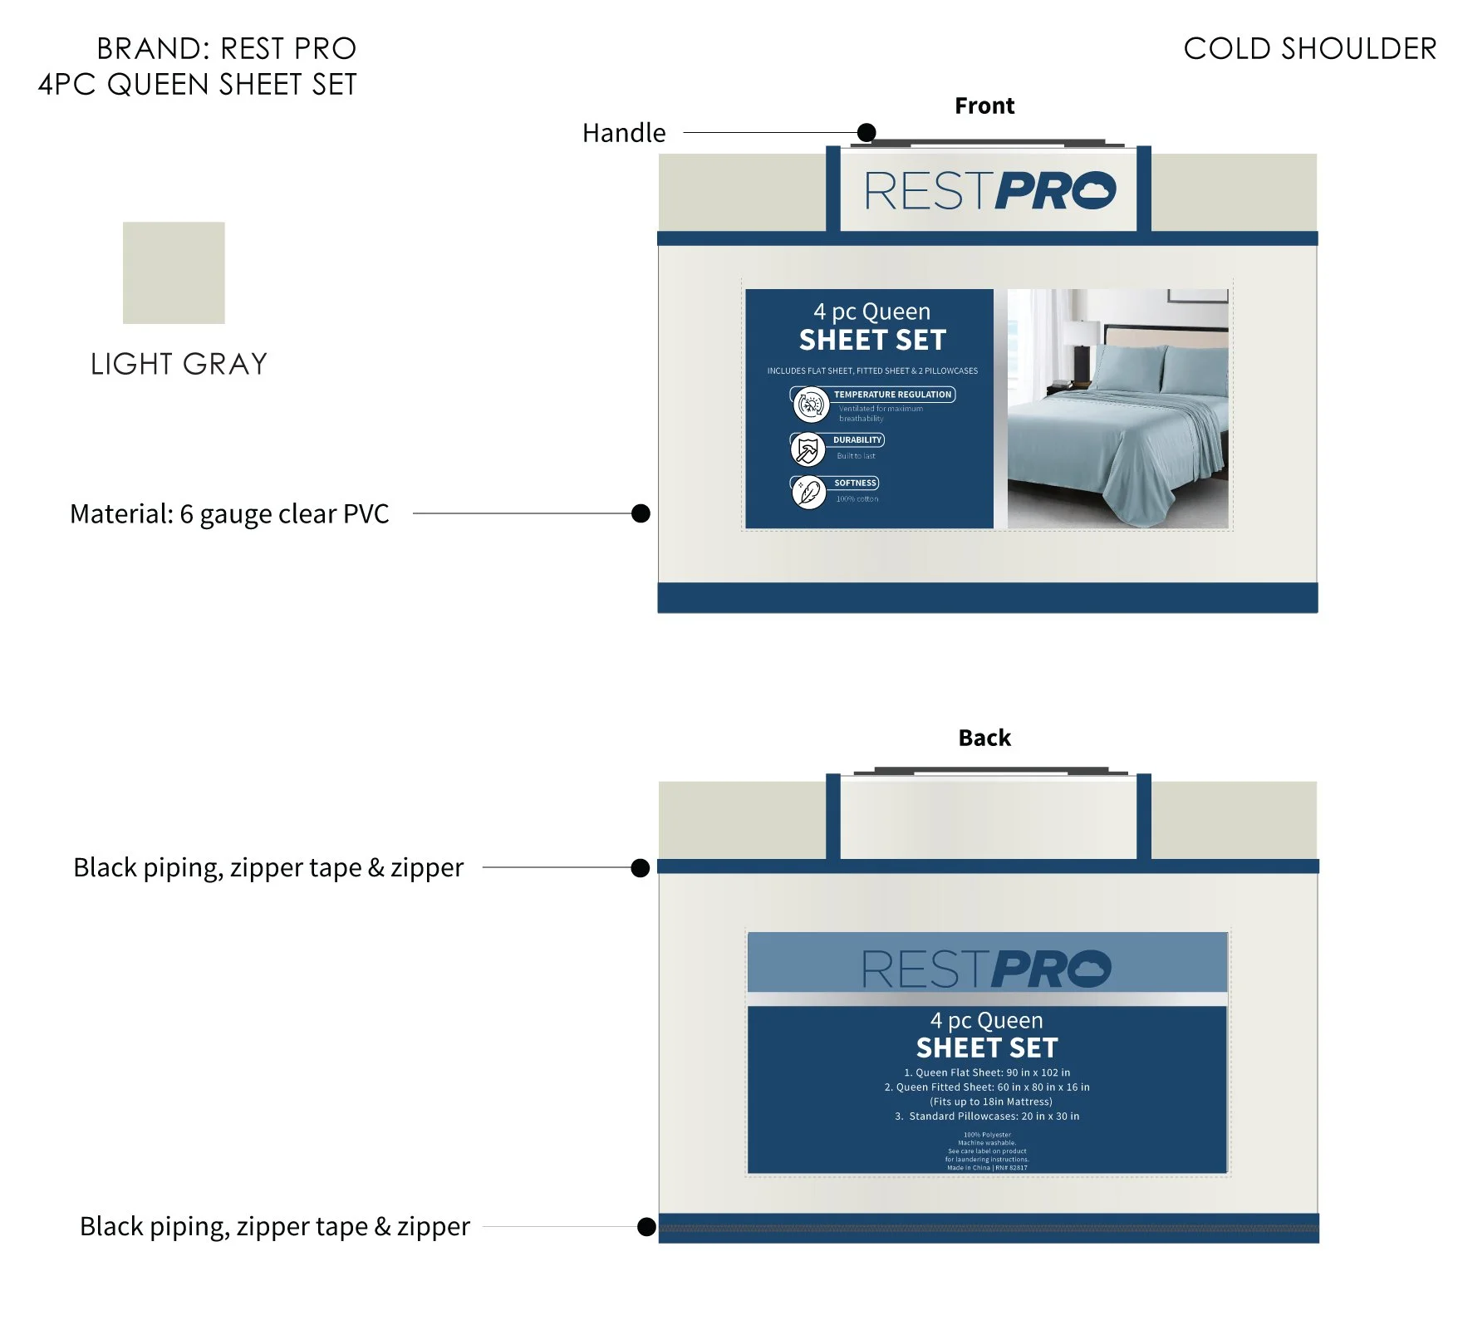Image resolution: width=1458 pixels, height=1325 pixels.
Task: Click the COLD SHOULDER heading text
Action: (x=1309, y=49)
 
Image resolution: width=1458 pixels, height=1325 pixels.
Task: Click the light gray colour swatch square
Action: (x=174, y=272)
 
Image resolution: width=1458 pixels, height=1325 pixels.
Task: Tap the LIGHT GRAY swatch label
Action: (x=179, y=364)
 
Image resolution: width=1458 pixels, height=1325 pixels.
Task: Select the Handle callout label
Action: (x=624, y=133)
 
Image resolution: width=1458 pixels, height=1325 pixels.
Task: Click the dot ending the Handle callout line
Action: (x=866, y=132)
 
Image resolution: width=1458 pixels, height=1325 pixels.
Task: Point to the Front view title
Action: (x=984, y=106)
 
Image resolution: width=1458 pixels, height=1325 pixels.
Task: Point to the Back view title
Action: (x=984, y=738)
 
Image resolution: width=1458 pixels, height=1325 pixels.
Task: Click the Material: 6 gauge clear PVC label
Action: (x=229, y=514)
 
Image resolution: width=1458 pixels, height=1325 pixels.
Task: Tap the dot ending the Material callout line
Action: (x=641, y=513)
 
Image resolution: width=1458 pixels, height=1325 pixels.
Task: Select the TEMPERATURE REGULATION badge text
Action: (x=892, y=395)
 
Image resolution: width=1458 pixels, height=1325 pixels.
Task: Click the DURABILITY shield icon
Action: (x=808, y=449)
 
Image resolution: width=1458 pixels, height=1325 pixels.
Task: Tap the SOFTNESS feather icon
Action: (x=808, y=493)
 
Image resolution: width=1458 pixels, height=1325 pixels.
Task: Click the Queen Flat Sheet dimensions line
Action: (x=987, y=1072)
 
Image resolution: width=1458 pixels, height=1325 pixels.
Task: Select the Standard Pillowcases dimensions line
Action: (x=987, y=1116)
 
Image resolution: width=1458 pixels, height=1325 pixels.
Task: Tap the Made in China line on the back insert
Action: (x=987, y=1168)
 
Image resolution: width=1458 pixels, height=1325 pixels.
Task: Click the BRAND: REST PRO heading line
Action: (x=226, y=49)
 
